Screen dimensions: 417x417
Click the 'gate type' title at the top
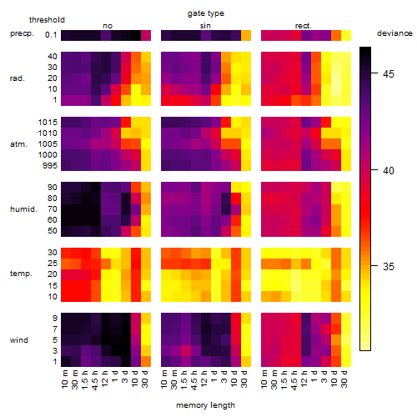[206, 13]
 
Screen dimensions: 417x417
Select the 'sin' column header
[205, 26]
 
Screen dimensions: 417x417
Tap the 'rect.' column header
[303, 26]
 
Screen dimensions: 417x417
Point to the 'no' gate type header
[108, 26]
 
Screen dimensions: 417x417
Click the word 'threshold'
[47, 20]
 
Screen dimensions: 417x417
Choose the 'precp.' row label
[22, 33]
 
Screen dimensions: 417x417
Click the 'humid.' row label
[23, 208]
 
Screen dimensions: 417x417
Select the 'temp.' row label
[21, 274]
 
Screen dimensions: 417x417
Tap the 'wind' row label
[19, 340]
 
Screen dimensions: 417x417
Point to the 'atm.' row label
[18, 144]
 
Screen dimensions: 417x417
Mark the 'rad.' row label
[18, 78]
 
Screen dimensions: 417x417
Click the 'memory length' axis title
[205, 405]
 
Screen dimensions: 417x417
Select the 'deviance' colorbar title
[394, 33]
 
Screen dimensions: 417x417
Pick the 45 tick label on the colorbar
[389, 74]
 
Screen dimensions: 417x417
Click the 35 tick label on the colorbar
[389, 267]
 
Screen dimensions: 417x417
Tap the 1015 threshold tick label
[48, 123]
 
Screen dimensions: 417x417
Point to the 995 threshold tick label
[50, 166]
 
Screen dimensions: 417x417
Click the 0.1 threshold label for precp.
[51, 35]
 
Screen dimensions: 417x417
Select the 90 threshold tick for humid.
[53, 188]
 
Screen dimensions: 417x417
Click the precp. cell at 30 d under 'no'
[146, 35]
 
